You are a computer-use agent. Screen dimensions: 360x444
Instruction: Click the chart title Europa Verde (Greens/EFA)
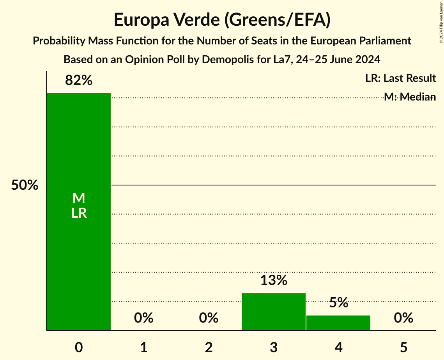(222, 19)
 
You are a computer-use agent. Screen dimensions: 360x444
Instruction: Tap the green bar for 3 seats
(274, 311)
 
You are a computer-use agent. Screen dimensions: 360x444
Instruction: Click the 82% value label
(79, 80)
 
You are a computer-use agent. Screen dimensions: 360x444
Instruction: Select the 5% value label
(338, 302)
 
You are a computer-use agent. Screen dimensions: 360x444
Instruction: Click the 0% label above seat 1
(143, 318)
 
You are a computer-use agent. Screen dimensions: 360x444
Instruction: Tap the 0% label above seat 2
(209, 318)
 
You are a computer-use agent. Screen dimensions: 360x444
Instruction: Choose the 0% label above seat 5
(403, 318)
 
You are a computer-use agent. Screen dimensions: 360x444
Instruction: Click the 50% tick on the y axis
(25, 185)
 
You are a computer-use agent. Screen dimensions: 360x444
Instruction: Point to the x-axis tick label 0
(79, 347)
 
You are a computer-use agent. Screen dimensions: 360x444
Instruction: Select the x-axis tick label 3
(274, 347)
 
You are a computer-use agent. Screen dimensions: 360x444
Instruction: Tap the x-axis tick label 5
(403, 347)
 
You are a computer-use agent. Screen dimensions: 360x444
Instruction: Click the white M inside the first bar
(79, 198)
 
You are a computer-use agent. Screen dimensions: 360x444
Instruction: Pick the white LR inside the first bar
(79, 213)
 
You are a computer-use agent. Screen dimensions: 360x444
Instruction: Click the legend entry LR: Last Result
(400, 78)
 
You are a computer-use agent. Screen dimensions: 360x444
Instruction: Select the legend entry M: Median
(410, 97)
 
